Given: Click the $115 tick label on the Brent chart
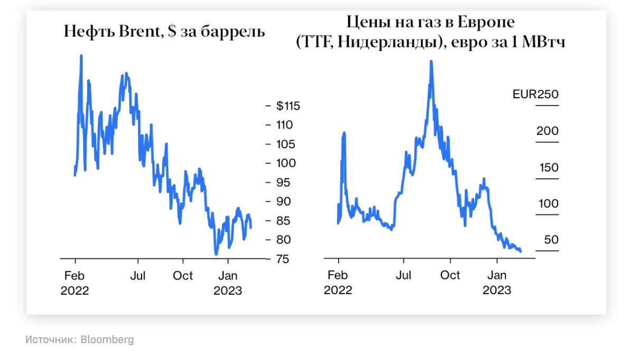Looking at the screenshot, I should (288, 106).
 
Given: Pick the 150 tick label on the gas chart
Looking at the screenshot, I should (548, 168).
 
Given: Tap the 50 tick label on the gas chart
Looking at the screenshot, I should (551, 240).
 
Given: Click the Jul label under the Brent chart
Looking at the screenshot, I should (138, 276).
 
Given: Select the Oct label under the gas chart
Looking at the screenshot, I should (450, 275).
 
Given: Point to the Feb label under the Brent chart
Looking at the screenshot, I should (75, 276).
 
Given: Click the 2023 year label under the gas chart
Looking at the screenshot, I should (496, 290).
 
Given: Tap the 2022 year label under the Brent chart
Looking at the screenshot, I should (75, 291).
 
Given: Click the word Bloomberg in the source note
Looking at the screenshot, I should (107, 340).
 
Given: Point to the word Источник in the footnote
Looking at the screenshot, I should (50, 340).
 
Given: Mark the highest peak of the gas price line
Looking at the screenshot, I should (431, 62).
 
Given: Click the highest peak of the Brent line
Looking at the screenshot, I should (81, 55).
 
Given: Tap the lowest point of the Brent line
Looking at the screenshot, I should (216, 254).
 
